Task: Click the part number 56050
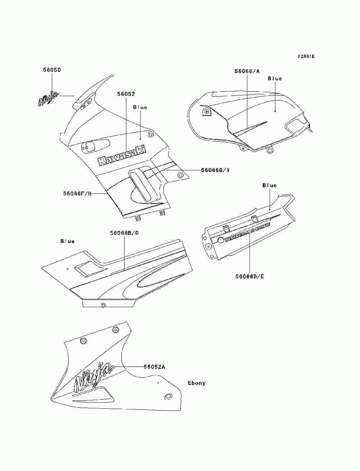click(x=52, y=70)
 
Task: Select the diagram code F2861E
click(x=306, y=57)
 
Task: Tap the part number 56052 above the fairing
click(x=126, y=94)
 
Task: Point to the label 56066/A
click(x=247, y=71)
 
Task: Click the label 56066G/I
click(x=215, y=170)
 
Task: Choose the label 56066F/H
click(x=77, y=193)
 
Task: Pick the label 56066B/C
click(x=125, y=233)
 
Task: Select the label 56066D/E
click(x=250, y=277)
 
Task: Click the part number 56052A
click(x=154, y=367)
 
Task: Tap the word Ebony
click(x=197, y=383)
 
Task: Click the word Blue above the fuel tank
click(x=275, y=78)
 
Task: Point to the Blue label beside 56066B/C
click(x=68, y=241)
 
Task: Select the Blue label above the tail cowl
click(x=270, y=185)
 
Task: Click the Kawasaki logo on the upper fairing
click(x=122, y=156)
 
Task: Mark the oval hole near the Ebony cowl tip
click(x=167, y=396)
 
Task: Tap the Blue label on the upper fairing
click(x=140, y=107)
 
